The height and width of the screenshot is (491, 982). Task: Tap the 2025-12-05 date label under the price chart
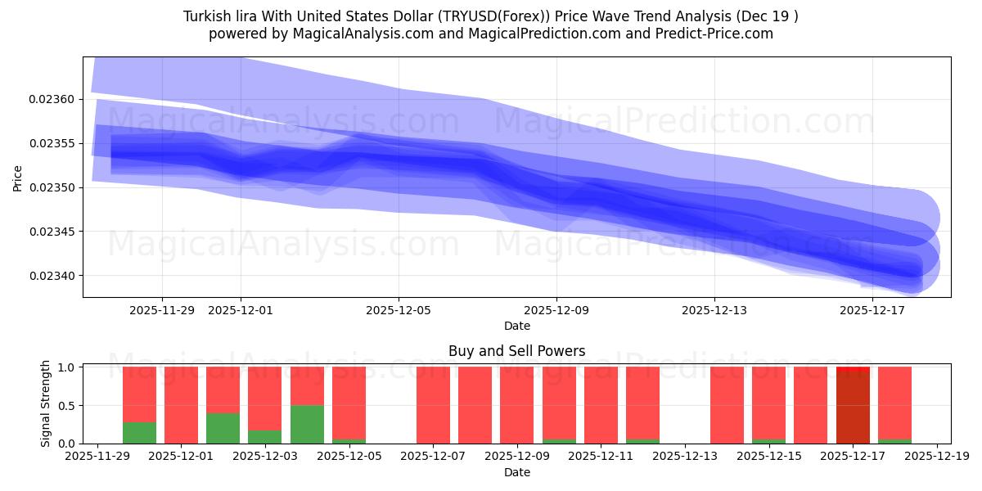pos(399,310)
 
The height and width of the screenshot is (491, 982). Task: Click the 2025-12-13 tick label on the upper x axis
pos(714,310)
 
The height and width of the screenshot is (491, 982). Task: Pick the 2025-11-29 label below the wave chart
pos(162,310)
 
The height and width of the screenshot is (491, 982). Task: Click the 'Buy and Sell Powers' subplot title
pos(516,351)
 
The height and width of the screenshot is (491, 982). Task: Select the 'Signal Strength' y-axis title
pos(46,403)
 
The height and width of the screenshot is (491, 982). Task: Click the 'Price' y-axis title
pos(18,178)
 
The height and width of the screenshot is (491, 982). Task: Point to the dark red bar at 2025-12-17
pos(853,408)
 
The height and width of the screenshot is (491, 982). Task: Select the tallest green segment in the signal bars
pos(307,424)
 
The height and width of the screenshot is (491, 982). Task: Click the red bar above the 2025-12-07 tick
pos(433,405)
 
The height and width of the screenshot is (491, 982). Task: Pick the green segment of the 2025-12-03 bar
pos(264,437)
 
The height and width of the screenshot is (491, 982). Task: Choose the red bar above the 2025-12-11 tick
pos(601,405)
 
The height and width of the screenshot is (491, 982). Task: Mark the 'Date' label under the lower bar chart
pos(516,472)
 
